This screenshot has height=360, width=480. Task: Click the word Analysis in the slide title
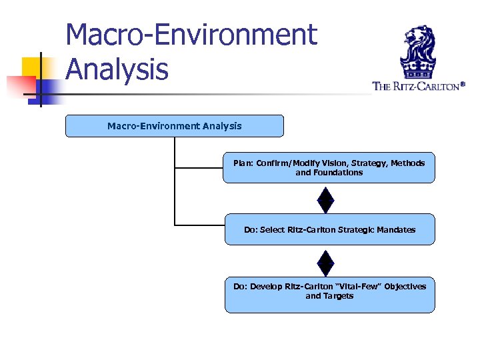pyautogui.click(x=117, y=69)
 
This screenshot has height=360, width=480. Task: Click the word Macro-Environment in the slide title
pyautogui.click(x=191, y=35)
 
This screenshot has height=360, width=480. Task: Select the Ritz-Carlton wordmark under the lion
pyautogui.click(x=417, y=86)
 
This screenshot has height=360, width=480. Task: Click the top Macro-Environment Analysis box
pyautogui.click(x=174, y=126)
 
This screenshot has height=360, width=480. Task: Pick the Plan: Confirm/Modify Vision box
pyautogui.click(x=329, y=167)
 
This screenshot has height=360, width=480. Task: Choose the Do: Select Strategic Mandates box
pyautogui.click(x=329, y=229)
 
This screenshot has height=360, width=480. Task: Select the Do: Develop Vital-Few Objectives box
pyautogui.click(x=329, y=295)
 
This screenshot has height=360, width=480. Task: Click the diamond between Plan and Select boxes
pyautogui.click(x=325, y=199)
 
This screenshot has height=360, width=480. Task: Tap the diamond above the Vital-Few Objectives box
pyautogui.click(x=325, y=261)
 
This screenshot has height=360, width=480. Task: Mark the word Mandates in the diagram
pyautogui.click(x=396, y=229)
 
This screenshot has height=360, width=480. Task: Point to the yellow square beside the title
pyautogui.click(x=31, y=65)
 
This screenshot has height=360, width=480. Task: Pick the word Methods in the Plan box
pyautogui.click(x=407, y=163)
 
